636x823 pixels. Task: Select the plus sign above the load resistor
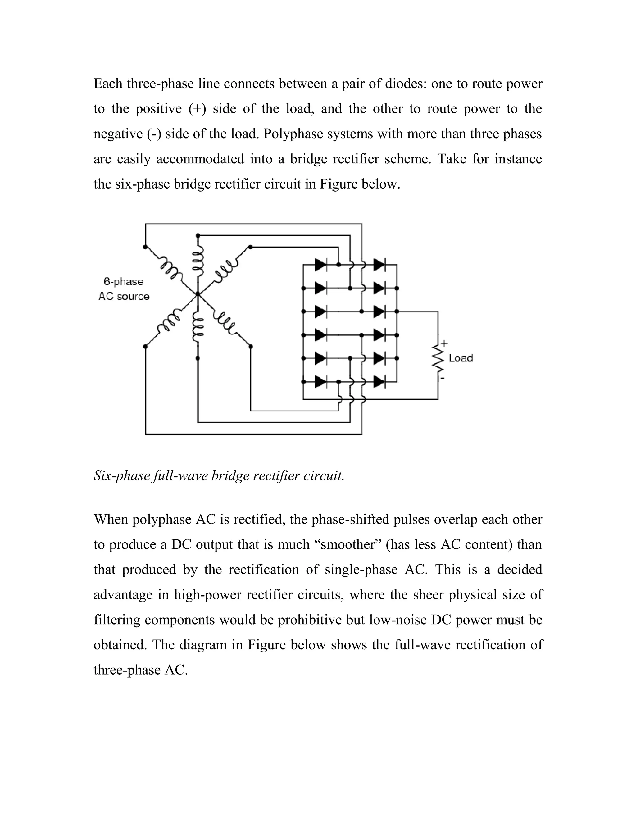click(x=445, y=343)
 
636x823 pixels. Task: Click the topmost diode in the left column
click(x=320, y=265)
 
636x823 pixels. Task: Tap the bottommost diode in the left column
click(x=320, y=382)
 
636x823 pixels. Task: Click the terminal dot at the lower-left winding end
click(x=145, y=346)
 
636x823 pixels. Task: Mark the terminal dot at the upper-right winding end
click(x=251, y=247)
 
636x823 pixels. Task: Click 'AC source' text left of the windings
click(x=124, y=297)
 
